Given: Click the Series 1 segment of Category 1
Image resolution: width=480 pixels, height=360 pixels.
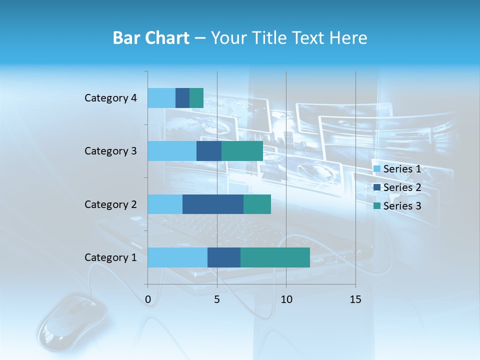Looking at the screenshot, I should [177, 257].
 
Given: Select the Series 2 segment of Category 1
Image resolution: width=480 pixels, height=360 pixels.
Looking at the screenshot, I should [224, 257].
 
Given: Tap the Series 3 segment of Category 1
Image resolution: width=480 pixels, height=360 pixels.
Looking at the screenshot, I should [275, 257].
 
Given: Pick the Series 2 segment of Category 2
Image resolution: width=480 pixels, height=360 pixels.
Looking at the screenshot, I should [213, 204].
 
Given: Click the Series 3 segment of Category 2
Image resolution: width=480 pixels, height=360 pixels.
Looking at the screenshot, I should [257, 204].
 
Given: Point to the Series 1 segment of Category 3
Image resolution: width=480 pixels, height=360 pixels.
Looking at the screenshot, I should [172, 151].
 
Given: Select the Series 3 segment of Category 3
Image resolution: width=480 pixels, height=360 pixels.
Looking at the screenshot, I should [242, 151].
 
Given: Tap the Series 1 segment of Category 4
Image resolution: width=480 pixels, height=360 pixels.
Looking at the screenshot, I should [161, 98].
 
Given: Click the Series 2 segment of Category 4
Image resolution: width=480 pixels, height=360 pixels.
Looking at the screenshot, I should [182, 98].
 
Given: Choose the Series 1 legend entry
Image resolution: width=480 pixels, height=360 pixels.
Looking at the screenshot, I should [397, 169].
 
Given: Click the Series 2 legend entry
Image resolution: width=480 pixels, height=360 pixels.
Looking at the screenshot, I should [397, 187].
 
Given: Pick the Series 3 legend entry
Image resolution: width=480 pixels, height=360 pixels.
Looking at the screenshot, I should [397, 206].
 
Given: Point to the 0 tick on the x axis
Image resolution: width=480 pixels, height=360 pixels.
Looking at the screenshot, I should [148, 299].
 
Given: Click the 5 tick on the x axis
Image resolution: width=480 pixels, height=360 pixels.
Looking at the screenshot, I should [217, 299].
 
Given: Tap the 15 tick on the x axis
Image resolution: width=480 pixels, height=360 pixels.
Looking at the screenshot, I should [355, 299].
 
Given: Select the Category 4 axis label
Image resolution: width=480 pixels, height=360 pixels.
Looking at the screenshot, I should [110, 98].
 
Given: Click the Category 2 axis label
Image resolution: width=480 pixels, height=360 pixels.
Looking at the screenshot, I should [110, 204].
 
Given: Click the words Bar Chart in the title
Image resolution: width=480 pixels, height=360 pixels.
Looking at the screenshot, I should [151, 38].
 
